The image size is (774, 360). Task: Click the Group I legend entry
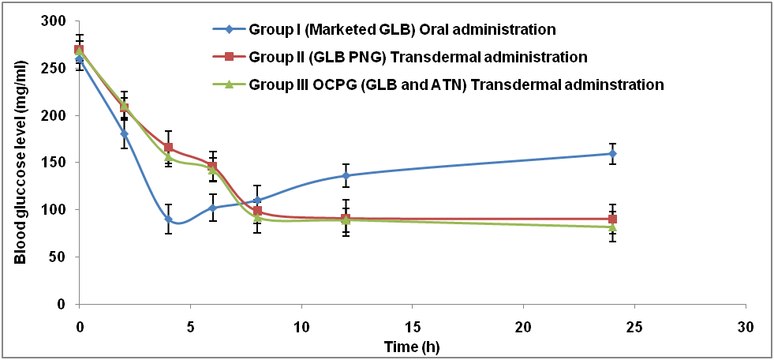coord(402,30)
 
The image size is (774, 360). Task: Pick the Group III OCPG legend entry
coord(456,84)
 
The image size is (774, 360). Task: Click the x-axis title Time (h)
coord(406,345)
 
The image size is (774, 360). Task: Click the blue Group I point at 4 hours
coord(168,219)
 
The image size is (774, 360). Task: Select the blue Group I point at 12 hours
coord(346,176)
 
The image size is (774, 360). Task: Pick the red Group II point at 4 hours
coord(168,148)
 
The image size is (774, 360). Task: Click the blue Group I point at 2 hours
coord(124,134)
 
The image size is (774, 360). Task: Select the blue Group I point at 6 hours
coord(212,208)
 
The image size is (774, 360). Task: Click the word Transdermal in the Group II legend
coord(464,57)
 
